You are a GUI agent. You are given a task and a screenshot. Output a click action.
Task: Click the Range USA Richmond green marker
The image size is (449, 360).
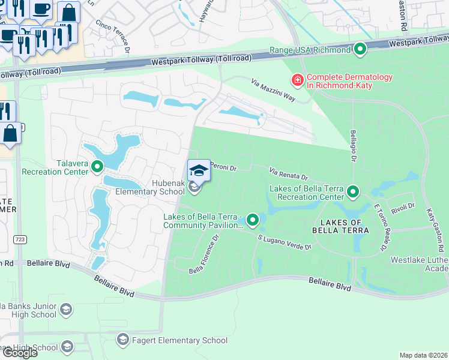(x=360, y=50)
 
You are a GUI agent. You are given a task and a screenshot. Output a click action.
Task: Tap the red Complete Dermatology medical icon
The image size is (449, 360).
(x=297, y=80)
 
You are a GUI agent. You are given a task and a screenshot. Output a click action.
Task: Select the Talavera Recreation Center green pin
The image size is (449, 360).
(x=97, y=166)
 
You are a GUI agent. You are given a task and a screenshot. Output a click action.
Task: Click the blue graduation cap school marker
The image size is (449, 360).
(x=199, y=170)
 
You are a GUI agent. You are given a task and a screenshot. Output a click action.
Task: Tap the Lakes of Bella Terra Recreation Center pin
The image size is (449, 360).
(x=353, y=193)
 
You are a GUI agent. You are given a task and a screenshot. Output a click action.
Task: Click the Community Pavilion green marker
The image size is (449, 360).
(x=253, y=221)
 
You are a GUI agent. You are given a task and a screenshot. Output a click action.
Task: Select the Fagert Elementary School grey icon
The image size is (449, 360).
(x=122, y=340)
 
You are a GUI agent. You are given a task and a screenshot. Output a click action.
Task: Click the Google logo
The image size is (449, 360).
(x=19, y=353)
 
